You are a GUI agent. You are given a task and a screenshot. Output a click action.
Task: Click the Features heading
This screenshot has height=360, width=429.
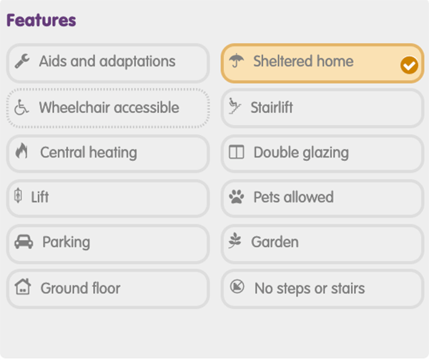pyautogui.click(x=41, y=20)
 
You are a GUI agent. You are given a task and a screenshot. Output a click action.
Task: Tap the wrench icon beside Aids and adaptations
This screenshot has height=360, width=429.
pyautogui.click(x=22, y=61)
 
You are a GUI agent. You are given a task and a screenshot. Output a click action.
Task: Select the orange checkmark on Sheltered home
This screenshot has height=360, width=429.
pyautogui.click(x=409, y=65)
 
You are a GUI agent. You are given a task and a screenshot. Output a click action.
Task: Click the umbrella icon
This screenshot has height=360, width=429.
pyautogui.click(x=236, y=61)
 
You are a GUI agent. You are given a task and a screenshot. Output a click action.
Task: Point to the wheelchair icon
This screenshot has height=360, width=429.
pyautogui.click(x=21, y=107)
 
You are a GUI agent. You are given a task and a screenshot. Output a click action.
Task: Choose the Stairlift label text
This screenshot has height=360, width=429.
pyautogui.click(x=272, y=107)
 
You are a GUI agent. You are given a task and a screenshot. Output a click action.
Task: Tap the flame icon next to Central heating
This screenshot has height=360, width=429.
pyautogui.click(x=21, y=151)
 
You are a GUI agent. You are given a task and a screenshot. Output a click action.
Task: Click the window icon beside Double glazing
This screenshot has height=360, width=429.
pyautogui.click(x=237, y=152)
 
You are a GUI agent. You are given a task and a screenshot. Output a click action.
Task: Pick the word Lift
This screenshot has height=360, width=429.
pyautogui.click(x=40, y=197)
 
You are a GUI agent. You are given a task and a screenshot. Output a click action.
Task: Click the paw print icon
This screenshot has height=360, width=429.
pyautogui.click(x=237, y=197)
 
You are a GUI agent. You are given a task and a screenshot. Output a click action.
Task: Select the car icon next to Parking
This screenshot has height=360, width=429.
pyautogui.click(x=24, y=242)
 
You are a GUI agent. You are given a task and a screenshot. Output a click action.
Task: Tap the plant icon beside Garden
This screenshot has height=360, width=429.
pyautogui.click(x=235, y=240)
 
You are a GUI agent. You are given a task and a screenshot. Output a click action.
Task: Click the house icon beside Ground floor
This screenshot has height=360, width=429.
pyautogui.click(x=23, y=286)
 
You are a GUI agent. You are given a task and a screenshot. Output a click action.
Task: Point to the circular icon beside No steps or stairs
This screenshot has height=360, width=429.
pyautogui.click(x=237, y=286)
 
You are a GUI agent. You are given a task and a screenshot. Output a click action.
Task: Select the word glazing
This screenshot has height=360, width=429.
pyautogui.click(x=326, y=153)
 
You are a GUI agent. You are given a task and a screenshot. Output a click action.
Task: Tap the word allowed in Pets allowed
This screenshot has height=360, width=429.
pyautogui.click(x=309, y=197)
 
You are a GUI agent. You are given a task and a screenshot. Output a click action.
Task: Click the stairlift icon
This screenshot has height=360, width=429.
pyautogui.click(x=235, y=106)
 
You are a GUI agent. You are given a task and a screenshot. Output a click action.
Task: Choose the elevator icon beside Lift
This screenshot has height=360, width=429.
pyautogui.click(x=18, y=195)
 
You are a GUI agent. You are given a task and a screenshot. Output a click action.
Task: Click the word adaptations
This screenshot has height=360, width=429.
pyautogui.click(x=137, y=62)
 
